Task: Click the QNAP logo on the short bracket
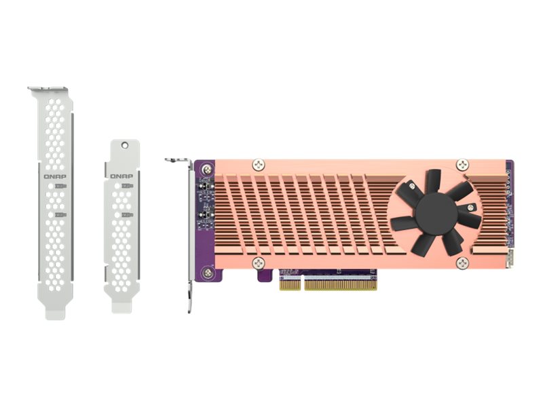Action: (121, 176)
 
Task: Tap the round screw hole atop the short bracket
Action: (124, 146)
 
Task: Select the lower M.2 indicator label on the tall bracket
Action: (60, 215)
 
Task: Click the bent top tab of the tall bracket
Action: (48, 90)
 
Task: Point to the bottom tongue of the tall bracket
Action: (55, 311)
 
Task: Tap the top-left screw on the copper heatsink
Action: (257, 164)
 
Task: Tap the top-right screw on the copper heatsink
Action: (462, 164)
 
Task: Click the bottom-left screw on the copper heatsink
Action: (257, 263)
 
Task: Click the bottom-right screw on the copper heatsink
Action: (462, 263)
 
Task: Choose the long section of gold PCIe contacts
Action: (341, 284)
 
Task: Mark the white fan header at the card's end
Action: (510, 259)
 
